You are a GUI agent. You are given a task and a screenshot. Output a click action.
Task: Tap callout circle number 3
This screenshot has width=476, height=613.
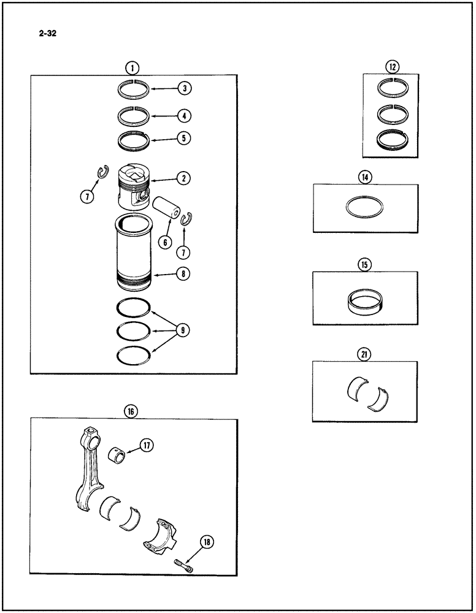click(183, 88)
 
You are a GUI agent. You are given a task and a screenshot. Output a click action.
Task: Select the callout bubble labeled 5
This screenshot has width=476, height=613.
click(183, 139)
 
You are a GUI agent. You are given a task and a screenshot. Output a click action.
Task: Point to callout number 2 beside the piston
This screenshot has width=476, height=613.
click(183, 178)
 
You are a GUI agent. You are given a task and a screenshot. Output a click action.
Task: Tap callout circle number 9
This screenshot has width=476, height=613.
click(182, 330)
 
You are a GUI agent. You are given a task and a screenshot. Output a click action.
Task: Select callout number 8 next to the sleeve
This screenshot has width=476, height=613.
click(183, 275)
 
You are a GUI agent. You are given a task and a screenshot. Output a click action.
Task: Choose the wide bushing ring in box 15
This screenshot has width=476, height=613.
click(365, 300)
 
